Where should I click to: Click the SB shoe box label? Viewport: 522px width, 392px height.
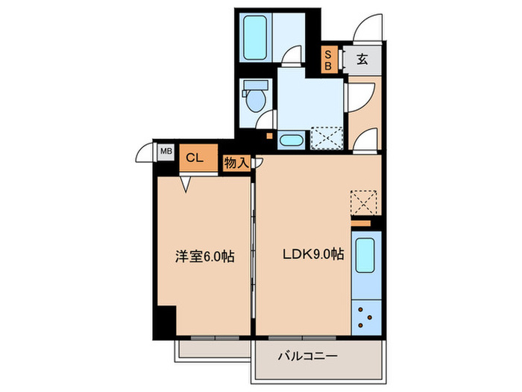coord(327,60)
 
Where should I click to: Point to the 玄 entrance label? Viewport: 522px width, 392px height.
coord(361,60)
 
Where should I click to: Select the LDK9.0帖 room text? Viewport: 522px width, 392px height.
coord(312,254)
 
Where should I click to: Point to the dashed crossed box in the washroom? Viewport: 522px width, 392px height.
coord(325,138)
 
